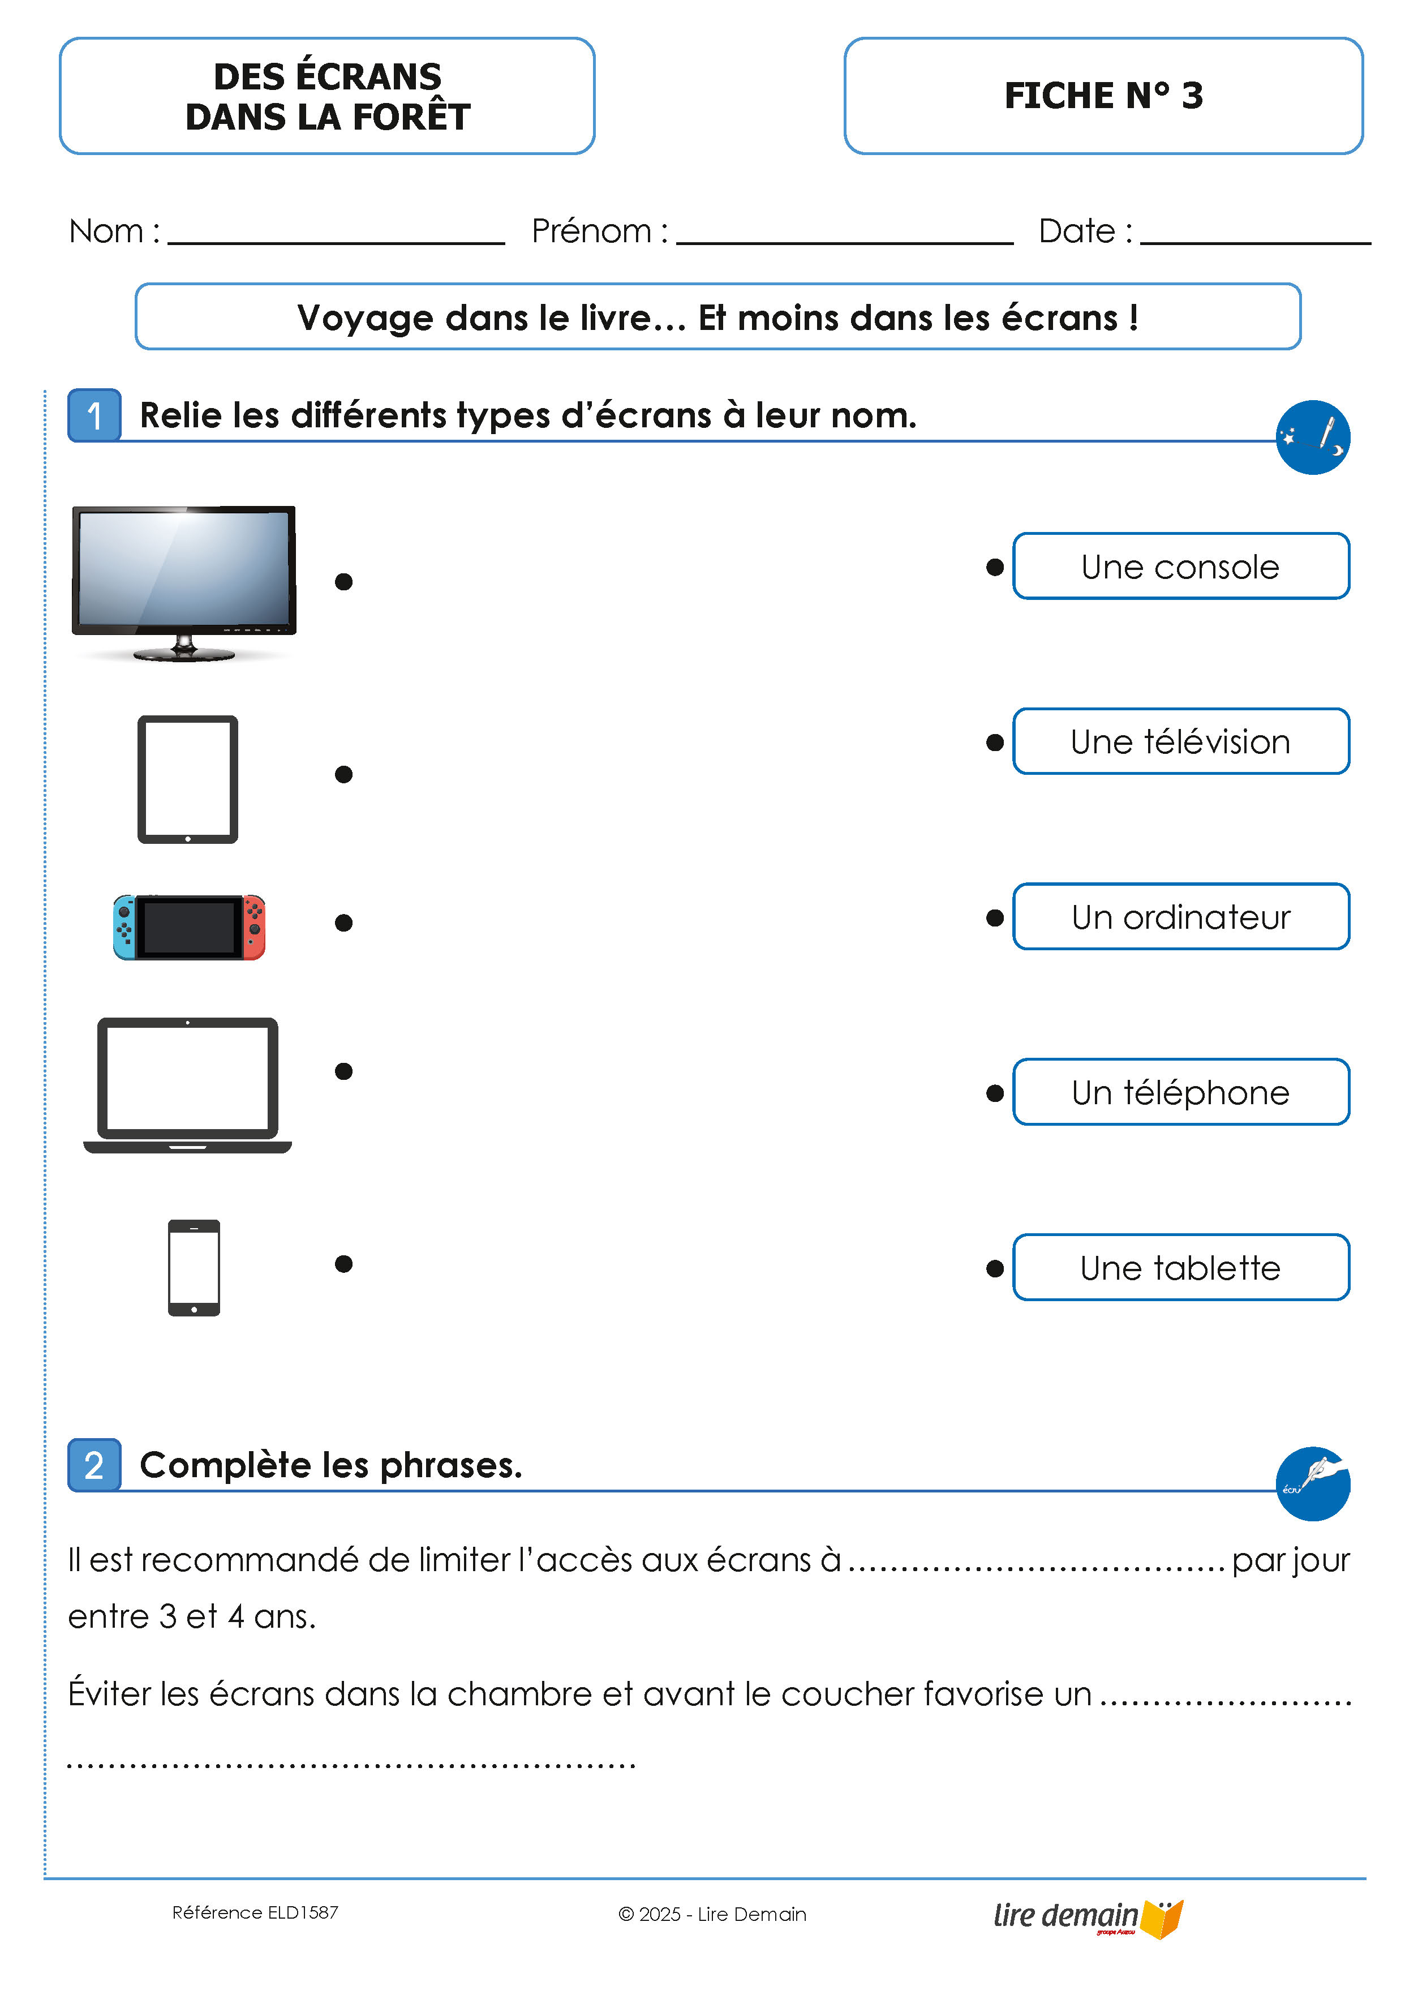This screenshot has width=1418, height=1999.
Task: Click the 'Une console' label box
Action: [x=1180, y=566]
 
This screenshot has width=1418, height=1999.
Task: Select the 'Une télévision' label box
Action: [x=1180, y=741]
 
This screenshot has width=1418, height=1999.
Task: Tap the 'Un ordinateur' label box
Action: [x=1180, y=917]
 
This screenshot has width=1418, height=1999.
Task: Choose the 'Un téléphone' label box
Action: [x=1180, y=1092]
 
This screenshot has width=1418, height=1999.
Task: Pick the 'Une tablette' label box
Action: [x=1180, y=1267]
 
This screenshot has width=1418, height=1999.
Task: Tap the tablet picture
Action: [x=188, y=779]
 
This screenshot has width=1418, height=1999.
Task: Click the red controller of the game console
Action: [x=254, y=926]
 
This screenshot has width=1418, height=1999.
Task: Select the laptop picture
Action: [x=188, y=1084]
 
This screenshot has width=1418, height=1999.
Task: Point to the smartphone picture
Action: [x=194, y=1267]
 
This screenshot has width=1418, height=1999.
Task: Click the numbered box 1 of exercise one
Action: [x=94, y=415]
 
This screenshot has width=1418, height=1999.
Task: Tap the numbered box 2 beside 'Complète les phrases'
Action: [x=94, y=1465]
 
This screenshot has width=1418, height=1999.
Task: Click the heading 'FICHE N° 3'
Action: [x=1103, y=95]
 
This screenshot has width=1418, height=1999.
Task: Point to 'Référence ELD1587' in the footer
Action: [x=255, y=1912]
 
